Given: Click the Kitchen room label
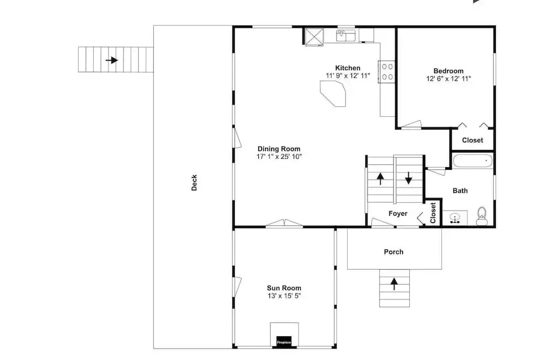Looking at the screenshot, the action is [348, 68].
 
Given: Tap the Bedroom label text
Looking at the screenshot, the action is [449, 71].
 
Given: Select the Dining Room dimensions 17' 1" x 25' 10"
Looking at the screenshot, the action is [279, 157].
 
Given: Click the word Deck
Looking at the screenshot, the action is [194, 183].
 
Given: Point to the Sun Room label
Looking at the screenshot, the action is [284, 288].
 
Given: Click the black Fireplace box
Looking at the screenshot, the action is [284, 342].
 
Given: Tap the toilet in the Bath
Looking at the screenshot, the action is [482, 216].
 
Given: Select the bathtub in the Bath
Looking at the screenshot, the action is [473, 161].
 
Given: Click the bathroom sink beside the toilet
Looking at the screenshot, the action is [455, 218].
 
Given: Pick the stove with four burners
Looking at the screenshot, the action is [387, 72].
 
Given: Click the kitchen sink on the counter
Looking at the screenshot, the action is [346, 35].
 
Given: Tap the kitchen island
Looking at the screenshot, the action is [333, 94].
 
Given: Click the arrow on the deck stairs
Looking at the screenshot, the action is [112, 60].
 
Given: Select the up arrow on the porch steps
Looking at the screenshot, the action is [395, 284].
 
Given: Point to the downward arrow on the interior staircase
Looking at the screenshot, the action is [408, 178].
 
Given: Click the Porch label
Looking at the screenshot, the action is [393, 252].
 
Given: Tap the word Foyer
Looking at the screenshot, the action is [398, 213].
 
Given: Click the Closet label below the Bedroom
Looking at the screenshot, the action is [472, 140].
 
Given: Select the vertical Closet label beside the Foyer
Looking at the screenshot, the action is [433, 213].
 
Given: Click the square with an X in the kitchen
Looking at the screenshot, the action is [314, 37].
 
